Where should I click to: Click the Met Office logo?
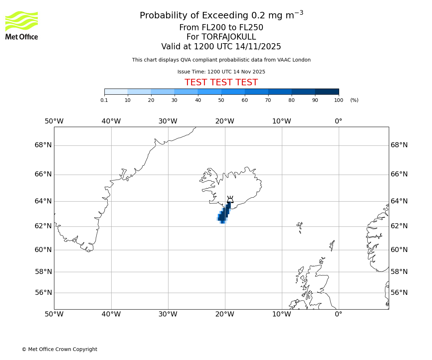coord(22,25)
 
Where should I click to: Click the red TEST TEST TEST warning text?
coord(221,83)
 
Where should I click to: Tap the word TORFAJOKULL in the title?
coord(229,37)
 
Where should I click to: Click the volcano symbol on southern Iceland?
coord(230,199)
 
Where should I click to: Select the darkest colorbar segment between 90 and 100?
coord(327,92)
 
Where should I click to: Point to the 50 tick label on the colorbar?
coord(221,100)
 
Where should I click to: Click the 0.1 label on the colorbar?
coord(104,100)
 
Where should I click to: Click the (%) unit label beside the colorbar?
coord(354,100)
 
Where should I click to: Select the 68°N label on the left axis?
coord(43,145)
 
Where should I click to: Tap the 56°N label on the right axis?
coord(399,293)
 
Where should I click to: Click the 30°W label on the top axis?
coord(168,121)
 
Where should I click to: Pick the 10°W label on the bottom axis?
coord(282,314)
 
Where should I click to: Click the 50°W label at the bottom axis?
coord(54,314)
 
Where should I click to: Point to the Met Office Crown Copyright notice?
coord(59,349)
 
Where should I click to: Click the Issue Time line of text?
coord(221,72)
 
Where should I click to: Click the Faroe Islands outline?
coord(300,226)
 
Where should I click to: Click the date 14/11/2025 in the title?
coord(258,47)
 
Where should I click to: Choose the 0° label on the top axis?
coord(338,121)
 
